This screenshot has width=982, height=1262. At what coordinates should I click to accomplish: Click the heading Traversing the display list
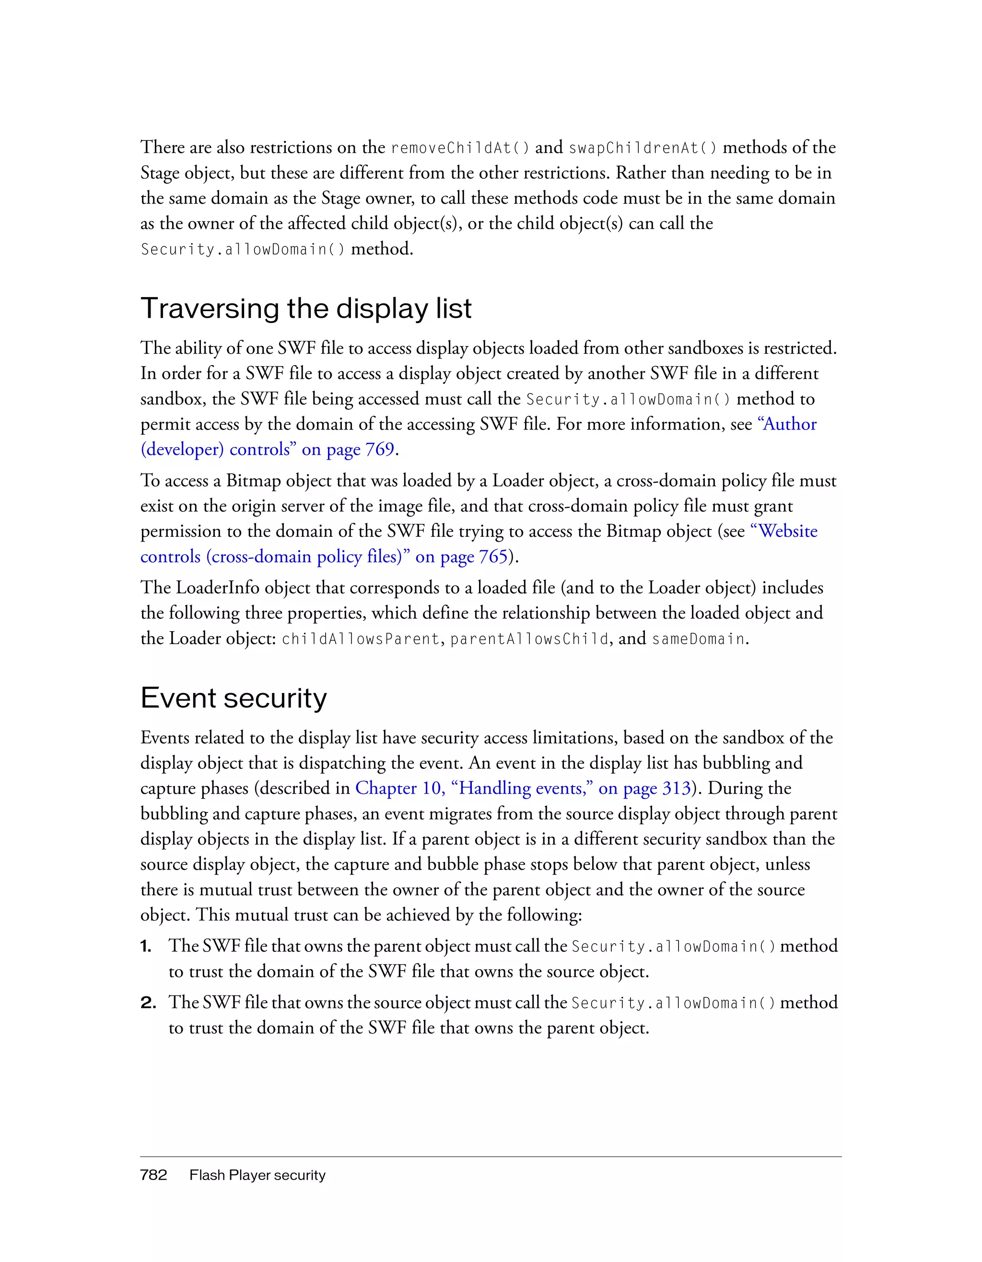306,309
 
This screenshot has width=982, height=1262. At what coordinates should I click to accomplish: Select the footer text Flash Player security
257,1175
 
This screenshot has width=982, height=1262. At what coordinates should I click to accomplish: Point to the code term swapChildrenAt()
643,149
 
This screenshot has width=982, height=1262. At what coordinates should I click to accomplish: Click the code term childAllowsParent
361,639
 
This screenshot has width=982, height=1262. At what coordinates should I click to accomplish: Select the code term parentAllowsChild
529,639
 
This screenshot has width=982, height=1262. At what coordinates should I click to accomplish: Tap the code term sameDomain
698,639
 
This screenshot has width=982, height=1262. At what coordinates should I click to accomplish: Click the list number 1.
146,947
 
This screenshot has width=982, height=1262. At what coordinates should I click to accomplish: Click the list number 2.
148,1003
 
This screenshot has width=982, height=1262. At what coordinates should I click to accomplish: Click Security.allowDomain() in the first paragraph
243,250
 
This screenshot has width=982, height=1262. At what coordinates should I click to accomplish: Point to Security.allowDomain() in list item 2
673,1003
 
